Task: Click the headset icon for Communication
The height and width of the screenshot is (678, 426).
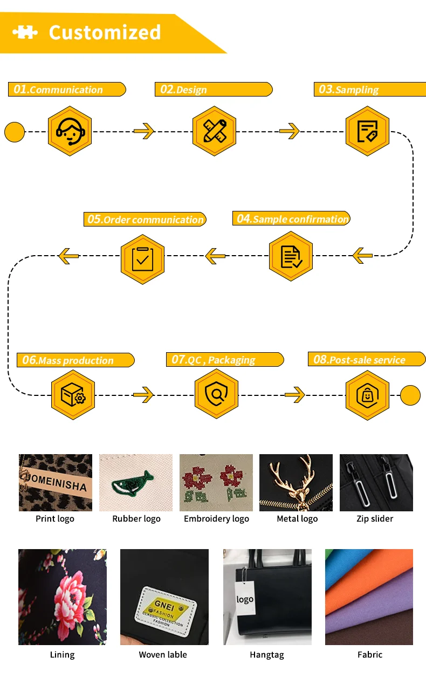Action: point(70,131)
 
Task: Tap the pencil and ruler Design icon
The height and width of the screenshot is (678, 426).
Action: point(215,131)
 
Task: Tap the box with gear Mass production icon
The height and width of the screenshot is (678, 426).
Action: point(73,395)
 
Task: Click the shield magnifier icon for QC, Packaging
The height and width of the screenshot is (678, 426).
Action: point(216,395)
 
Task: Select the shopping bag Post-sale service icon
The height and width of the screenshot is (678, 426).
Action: point(367,395)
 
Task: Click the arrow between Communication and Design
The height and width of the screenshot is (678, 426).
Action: point(144,131)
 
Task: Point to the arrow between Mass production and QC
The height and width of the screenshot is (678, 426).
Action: point(144,395)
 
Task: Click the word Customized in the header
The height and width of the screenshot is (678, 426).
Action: point(105,32)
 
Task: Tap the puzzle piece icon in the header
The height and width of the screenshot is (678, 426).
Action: point(25,32)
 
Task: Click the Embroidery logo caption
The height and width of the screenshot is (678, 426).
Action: point(216,519)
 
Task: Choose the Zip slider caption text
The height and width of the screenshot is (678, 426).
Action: point(375,519)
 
